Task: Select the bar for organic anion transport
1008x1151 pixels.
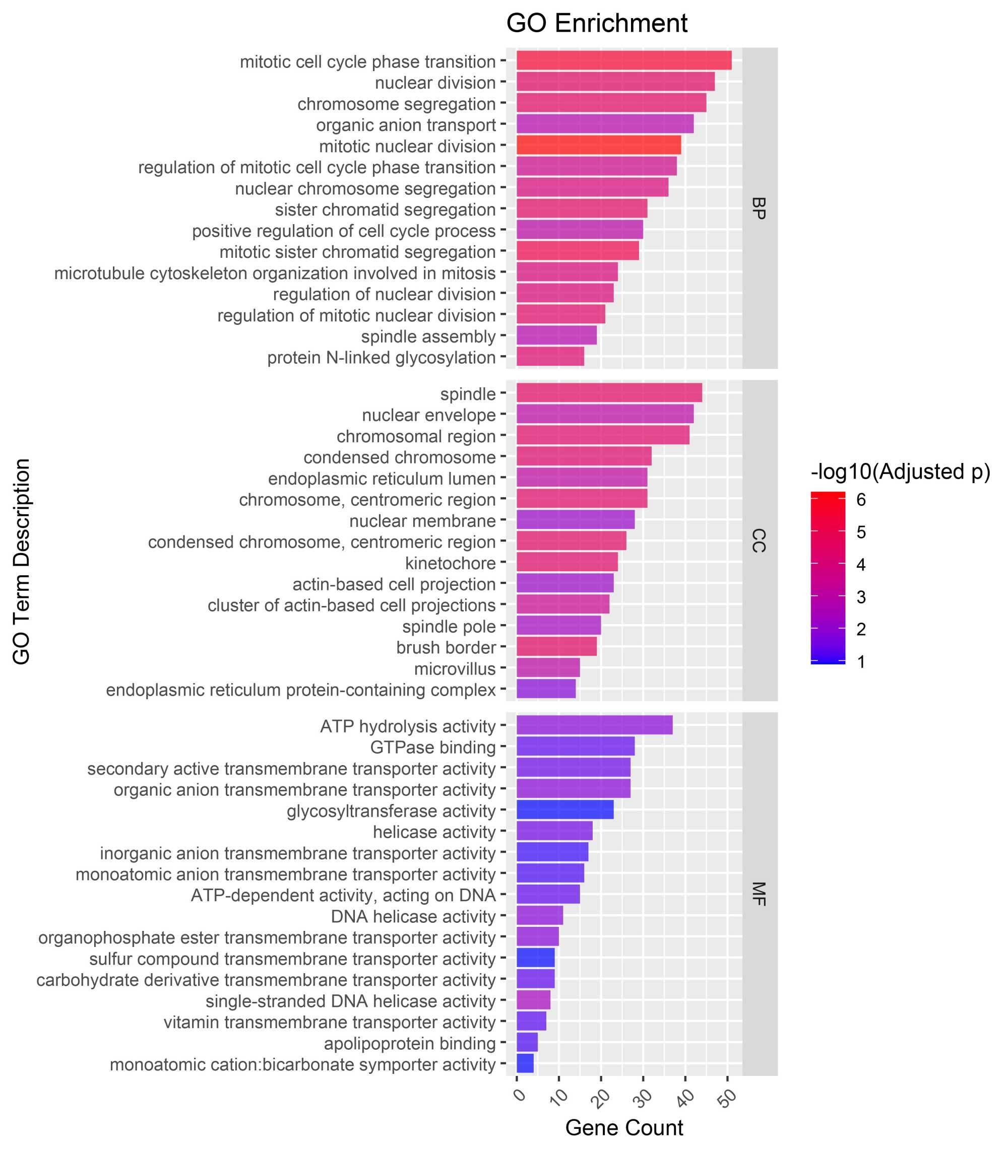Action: (x=605, y=124)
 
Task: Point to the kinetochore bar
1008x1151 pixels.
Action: (x=566, y=562)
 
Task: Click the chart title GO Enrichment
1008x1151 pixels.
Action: (x=596, y=24)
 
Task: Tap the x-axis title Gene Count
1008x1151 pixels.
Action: (x=624, y=1127)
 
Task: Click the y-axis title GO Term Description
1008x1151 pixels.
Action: (x=21, y=562)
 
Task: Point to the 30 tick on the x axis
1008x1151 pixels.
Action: (x=645, y=1097)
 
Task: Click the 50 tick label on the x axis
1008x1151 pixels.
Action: (x=729, y=1097)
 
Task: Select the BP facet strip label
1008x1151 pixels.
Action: (x=759, y=208)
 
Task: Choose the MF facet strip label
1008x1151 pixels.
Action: (x=759, y=894)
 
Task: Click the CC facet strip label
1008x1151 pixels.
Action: (x=759, y=540)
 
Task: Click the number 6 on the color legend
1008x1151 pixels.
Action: (x=861, y=499)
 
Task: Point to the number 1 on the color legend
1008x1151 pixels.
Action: (x=861, y=661)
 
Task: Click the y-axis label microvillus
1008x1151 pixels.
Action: (x=455, y=668)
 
